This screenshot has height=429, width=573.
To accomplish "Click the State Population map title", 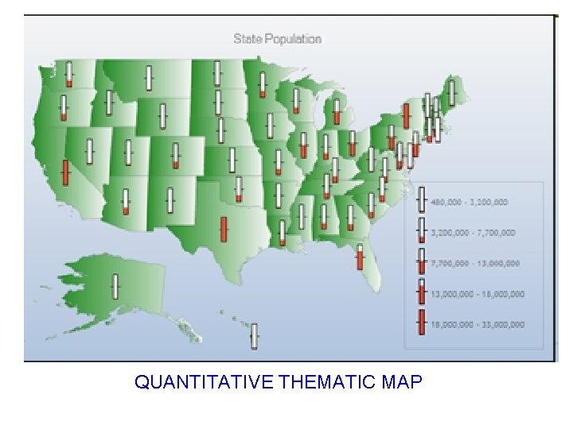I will [277, 38].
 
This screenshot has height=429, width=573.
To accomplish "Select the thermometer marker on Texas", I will [224, 229].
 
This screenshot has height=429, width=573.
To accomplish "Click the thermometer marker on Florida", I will [360, 257].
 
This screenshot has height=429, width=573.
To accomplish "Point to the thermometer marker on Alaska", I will [115, 286].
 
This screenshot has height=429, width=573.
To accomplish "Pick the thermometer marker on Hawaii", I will [255, 335].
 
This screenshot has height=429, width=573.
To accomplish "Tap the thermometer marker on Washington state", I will [69, 73].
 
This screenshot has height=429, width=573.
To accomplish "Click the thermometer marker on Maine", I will [452, 93].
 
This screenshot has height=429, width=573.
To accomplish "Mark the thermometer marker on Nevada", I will [90, 150].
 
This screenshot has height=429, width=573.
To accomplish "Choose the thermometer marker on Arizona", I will [126, 202].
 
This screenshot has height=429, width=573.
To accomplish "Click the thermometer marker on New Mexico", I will [170, 200].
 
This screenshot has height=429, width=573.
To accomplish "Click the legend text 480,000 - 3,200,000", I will [469, 202].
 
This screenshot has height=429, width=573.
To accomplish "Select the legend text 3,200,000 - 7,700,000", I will [473, 233].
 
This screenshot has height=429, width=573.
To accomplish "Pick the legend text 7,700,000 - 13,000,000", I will [475, 263].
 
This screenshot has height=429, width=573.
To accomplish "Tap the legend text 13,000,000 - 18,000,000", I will [477, 294].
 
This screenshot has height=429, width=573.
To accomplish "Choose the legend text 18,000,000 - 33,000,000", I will [477, 324].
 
